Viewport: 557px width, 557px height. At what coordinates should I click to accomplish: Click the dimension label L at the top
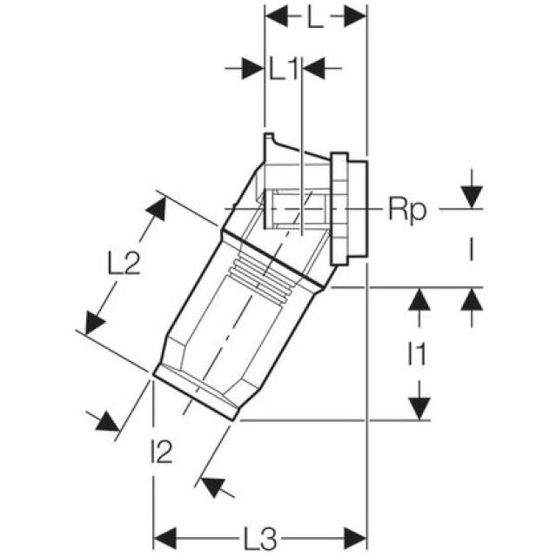(x=315, y=18)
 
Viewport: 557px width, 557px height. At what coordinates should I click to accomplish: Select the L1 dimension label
(x=285, y=69)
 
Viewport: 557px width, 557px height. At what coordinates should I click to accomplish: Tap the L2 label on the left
(x=124, y=263)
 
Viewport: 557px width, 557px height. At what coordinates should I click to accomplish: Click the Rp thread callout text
(x=407, y=209)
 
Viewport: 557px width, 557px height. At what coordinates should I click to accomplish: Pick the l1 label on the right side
(x=418, y=354)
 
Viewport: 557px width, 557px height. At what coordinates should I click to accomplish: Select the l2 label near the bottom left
(x=162, y=452)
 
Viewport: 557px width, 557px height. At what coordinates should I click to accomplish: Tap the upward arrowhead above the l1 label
(x=419, y=299)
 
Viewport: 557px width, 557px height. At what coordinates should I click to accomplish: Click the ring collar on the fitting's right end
(x=348, y=208)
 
